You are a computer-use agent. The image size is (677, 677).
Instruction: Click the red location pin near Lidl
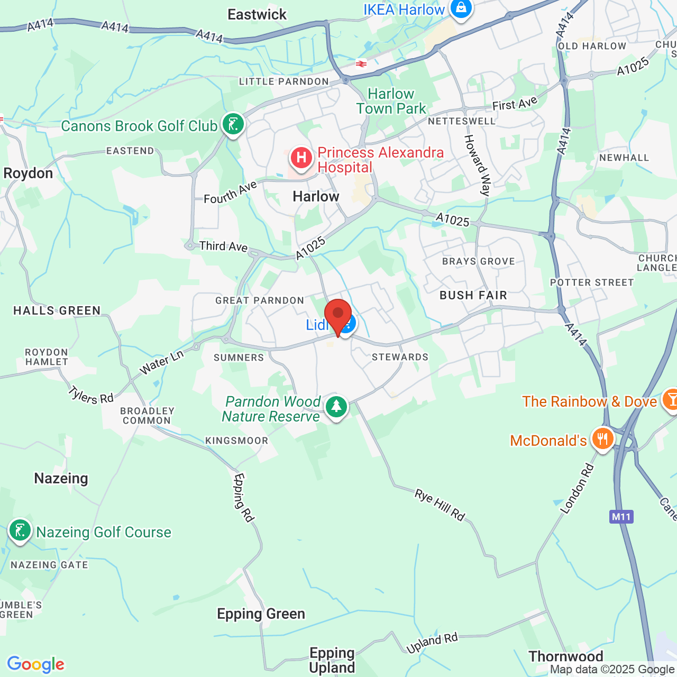point(338,315)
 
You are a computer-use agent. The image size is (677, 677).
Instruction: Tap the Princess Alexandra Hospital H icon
point(301,158)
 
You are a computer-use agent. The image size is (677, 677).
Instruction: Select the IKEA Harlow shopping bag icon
point(461,9)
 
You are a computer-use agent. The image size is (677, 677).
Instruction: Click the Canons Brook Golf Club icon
point(233,124)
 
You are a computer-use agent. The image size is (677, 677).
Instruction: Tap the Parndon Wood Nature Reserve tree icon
point(336,407)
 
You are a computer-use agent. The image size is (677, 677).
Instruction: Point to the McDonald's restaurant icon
point(602,438)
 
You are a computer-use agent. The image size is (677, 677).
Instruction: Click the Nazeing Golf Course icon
point(20,530)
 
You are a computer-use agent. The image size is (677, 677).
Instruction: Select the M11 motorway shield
point(621,517)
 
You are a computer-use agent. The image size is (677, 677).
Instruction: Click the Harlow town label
point(316,197)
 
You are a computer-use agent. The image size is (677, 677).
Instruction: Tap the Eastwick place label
point(257,15)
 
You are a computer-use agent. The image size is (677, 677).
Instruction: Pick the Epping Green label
point(261,614)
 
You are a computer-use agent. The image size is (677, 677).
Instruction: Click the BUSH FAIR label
point(473,295)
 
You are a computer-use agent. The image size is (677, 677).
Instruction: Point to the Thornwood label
point(566,656)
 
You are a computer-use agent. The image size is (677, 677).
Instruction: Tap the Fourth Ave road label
point(231,192)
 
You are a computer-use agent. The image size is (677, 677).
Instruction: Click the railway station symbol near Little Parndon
point(361,64)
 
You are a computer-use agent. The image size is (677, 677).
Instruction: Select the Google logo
point(36,664)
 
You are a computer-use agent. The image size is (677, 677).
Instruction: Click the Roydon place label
point(28,173)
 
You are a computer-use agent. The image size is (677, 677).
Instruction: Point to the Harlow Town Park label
point(391,101)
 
